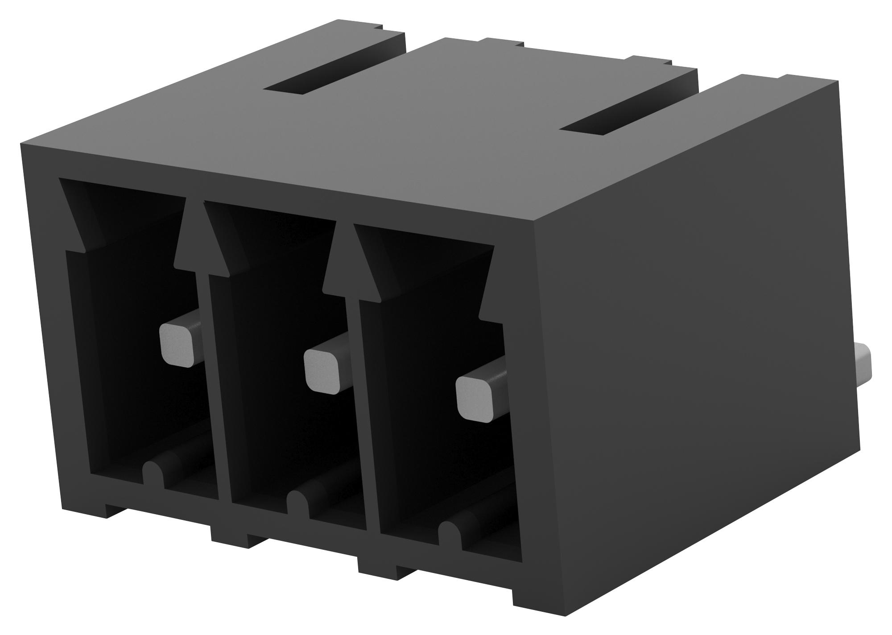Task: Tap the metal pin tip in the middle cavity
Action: pyautogui.click(x=321, y=370)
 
